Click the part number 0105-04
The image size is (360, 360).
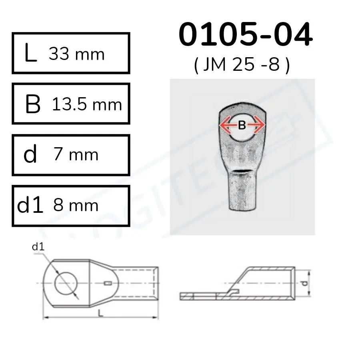tap(245, 35)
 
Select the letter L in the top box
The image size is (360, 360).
tap(30, 54)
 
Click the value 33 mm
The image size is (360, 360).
tap(76, 54)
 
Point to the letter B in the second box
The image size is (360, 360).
tap(32, 105)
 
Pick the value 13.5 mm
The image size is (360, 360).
tap(87, 104)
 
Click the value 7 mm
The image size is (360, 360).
tap(76, 154)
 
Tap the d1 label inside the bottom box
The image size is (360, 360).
tap(30, 206)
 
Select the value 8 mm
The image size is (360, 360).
tap(76, 205)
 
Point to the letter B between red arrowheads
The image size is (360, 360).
tap(242, 126)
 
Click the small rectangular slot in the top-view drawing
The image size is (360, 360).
tap(106, 284)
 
